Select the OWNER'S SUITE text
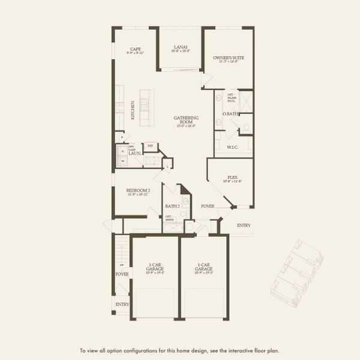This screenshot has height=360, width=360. click(x=226, y=58)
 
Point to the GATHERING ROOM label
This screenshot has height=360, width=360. click(x=187, y=120)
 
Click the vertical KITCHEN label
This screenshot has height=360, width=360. click(x=133, y=110)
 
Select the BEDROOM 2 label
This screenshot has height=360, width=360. click(x=138, y=190)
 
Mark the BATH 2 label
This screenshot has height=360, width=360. click(x=172, y=206)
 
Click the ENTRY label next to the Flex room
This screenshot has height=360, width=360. click(x=244, y=226)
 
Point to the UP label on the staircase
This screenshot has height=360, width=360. click(x=122, y=265)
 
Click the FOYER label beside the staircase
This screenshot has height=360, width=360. click(x=122, y=274)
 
